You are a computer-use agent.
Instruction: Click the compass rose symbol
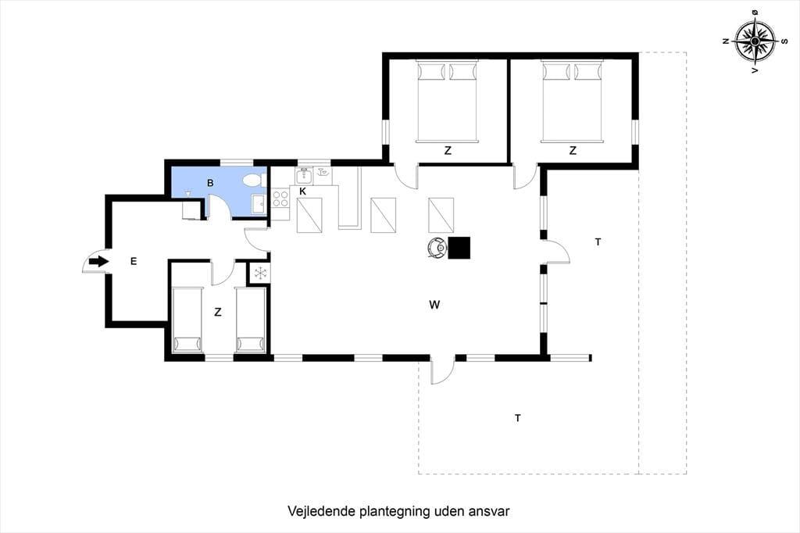tap(755, 41)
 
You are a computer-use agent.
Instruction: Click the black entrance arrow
tap(99, 261)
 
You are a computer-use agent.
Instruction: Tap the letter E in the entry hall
tap(134, 261)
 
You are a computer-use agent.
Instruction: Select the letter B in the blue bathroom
tap(210, 183)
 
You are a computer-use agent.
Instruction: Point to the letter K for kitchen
tap(302, 191)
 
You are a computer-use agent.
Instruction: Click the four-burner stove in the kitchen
tap(280, 199)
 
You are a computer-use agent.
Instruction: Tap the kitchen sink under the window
tap(304, 176)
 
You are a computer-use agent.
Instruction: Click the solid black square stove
tap(459, 248)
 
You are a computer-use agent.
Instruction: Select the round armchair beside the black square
tap(437, 248)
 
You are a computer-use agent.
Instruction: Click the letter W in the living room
tap(434, 305)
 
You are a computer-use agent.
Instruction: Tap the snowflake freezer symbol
tap(261, 273)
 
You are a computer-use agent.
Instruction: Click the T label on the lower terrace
tap(518, 418)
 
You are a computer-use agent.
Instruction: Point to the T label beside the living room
tap(598, 242)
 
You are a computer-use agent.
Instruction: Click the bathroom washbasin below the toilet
tap(258, 204)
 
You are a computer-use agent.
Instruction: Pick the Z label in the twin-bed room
tap(218, 312)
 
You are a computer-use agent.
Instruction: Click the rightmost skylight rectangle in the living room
tap(441, 216)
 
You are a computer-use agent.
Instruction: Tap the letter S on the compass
tap(784, 41)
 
